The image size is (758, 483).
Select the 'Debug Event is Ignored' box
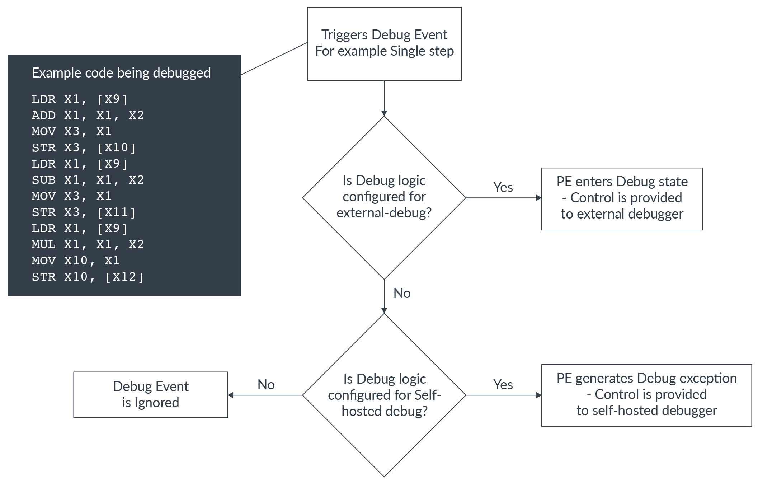point(150,394)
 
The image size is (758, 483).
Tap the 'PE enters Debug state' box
point(622,198)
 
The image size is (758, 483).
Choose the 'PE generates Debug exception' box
point(646,395)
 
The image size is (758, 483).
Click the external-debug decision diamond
point(384,197)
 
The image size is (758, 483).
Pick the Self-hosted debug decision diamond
point(384,395)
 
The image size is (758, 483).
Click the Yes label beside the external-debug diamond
point(503,187)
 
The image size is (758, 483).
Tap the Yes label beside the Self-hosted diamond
point(503,385)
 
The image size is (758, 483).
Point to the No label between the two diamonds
point(402,293)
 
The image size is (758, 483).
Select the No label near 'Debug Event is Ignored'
point(266,385)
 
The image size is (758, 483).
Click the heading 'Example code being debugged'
point(121,73)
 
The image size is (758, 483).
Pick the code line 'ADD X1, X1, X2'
point(88,115)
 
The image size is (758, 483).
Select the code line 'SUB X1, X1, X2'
point(88,180)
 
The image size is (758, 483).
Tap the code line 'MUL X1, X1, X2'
point(88,244)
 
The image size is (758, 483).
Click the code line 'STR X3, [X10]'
point(83,147)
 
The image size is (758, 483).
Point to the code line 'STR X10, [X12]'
point(88,277)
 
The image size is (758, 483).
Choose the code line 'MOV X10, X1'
point(75,261)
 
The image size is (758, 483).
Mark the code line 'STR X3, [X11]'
point(83,212)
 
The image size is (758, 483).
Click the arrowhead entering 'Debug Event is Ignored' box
point(231,395)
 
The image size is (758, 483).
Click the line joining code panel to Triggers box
point(274,59)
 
